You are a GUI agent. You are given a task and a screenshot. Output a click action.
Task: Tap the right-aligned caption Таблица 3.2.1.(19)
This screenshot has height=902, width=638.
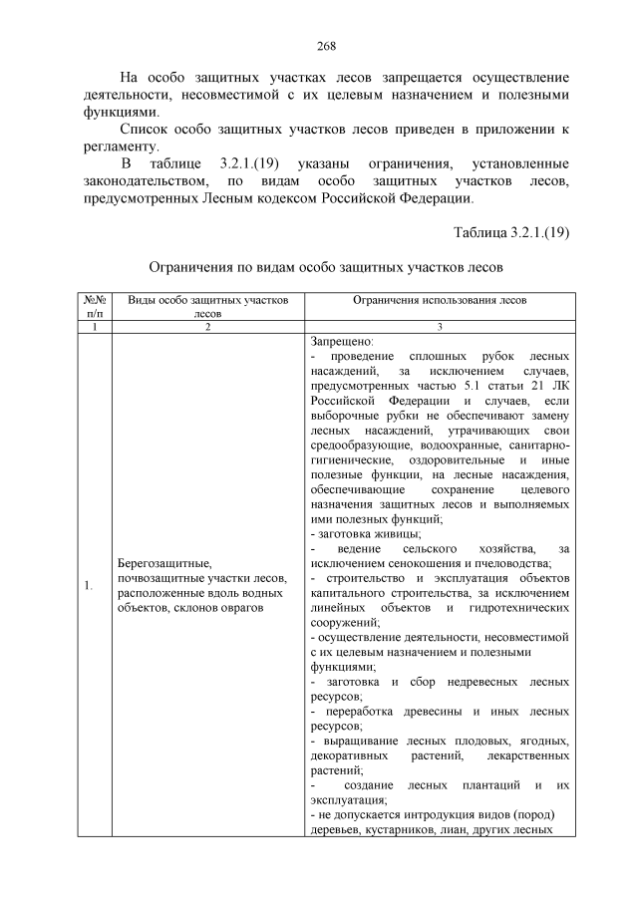coord(510,233)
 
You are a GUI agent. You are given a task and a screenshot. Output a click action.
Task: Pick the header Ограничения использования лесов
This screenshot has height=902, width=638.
coord(440,300)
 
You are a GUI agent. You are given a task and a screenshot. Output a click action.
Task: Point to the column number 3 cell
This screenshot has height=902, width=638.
coord(440,326)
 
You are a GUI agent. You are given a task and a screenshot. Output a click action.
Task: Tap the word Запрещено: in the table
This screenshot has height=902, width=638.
coord(342,341)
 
